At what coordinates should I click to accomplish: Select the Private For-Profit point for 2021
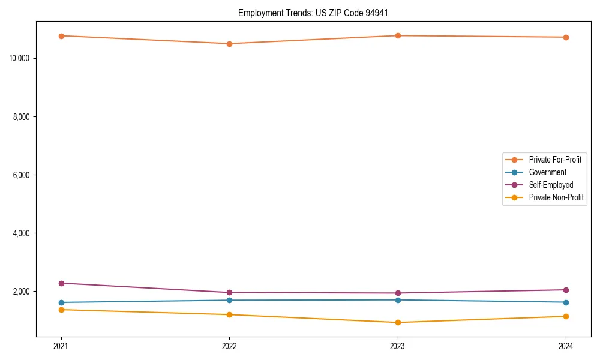61,36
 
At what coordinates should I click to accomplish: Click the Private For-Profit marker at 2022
229,44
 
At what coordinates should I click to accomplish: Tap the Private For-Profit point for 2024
566,37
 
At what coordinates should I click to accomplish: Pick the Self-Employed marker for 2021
61,283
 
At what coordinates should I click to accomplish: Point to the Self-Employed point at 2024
566,290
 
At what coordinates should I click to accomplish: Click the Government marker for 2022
229,300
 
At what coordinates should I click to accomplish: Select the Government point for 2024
566,302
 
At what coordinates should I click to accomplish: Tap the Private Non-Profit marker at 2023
398,322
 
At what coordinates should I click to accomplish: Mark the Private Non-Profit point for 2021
61,310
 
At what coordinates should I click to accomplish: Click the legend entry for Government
547,172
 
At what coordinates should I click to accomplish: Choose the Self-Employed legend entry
551,185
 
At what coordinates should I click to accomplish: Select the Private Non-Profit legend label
556,197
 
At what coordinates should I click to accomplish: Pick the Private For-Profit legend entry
555,160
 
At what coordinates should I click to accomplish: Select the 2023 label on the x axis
398,346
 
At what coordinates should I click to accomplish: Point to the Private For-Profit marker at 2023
398,36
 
